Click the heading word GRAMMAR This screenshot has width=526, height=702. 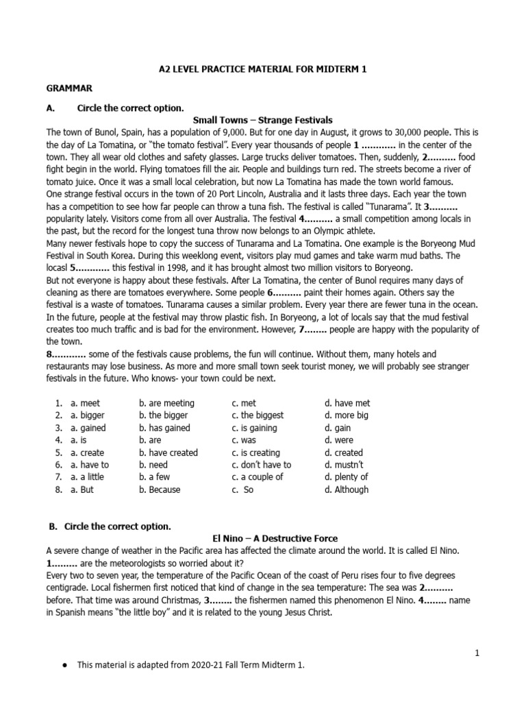(x=69, y=88)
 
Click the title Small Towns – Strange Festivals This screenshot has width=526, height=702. (x=263, y=120)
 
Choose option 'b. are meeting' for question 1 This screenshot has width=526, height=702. (x=166, y=403)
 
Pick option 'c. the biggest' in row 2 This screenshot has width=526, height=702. (x=258, y=415)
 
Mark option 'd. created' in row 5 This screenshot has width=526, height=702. (x=344, y=452)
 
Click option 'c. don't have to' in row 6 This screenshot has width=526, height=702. (x=261, y=465)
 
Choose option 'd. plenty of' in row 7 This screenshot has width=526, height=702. (x=347, y=477)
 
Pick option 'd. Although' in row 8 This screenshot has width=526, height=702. (x=347, y=489)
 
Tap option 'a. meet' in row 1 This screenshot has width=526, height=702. (x=85, y=403)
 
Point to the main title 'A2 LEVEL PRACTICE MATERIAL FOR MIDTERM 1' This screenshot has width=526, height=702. (x=263, y=69)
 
